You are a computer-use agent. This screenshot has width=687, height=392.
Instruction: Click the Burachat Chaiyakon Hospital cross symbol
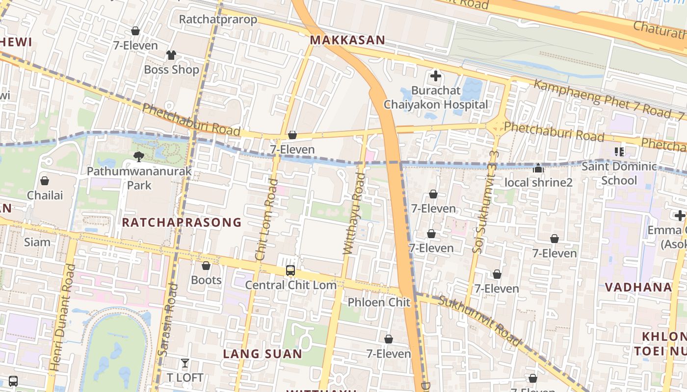[435, 76]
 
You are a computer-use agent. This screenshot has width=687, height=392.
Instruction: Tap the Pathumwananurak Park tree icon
[139, 157]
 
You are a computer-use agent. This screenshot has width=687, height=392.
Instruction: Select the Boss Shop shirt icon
[171, 55]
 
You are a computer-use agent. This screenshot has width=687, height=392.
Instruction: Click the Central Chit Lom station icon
[291, 270]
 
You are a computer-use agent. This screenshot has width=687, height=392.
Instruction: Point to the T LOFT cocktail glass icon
[185, 363]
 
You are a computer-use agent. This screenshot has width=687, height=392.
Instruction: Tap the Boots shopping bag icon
[206, 266]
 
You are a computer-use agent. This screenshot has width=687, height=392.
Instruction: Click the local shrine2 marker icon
[538, 168]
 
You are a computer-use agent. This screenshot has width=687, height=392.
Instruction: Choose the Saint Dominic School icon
[619, 152]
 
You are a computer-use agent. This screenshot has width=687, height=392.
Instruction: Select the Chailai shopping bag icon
[45, 181]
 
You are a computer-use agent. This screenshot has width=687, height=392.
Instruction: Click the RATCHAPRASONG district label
[182, 222]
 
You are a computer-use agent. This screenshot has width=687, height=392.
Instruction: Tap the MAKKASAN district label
[347, 40]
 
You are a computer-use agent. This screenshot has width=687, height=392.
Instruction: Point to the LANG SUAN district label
[263, 354]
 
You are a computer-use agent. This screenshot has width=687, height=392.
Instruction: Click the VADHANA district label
[638, 287]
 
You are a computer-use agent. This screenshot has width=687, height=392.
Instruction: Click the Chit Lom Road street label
[266, 220]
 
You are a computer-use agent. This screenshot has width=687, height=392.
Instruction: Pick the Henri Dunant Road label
[62, 317]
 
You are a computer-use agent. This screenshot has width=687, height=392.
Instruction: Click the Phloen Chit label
[379, 302]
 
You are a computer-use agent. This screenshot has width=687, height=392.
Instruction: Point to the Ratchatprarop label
[218, 20]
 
